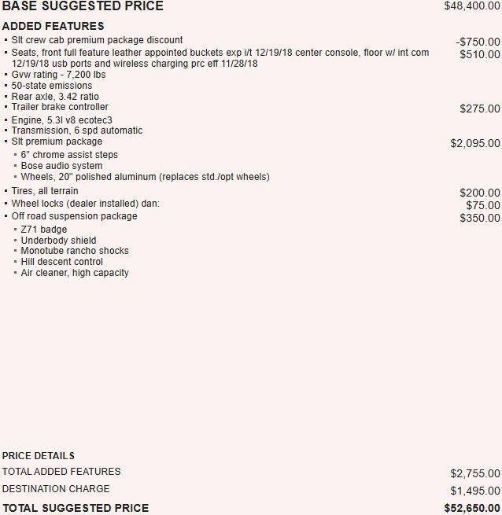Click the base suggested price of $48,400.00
click(x=471, y=6)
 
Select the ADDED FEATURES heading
click(x=53, y=26)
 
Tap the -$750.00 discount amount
click(x=478, y=42)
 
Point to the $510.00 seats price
click(x=480, y=54)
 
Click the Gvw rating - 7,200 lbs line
click(x=58, y=75)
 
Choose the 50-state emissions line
click(x=52, y=86)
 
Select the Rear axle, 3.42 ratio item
click(x=55, y=97)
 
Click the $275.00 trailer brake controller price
click(x=480, y=109)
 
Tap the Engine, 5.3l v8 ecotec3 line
click(x=61, y=120)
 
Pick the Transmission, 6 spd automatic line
click(x=77, y=131)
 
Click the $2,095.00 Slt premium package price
click(x=474, y=143)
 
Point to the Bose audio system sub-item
click(x=61, y=166)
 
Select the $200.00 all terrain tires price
click(x=480, y=193)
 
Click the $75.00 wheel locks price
click(x=482, y=205)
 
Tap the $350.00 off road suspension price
click(x=480, y=218)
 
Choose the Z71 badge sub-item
click(x=44, y=230)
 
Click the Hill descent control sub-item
click(x=61, y=262)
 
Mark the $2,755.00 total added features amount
click(x=474, y=473)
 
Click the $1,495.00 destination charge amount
click(x=474, y=491)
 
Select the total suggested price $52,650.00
click(x=471, y=508)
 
